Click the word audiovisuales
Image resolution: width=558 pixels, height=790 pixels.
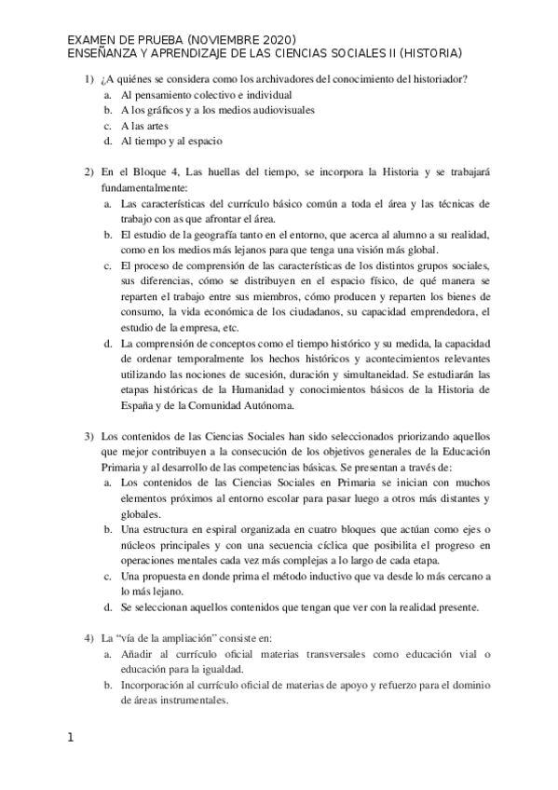(279, 110)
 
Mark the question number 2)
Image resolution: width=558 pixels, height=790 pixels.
(89, 172)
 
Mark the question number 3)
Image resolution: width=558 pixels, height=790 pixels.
(89, 437)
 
